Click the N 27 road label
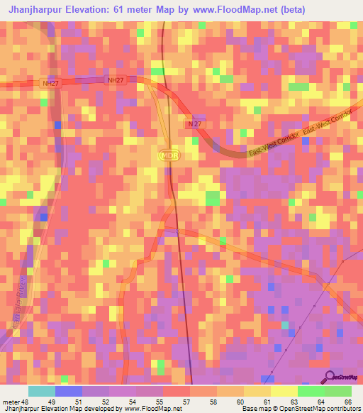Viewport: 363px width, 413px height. (196, 123)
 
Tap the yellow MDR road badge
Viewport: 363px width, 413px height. (167, 154)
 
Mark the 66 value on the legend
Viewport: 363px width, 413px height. (347, 402)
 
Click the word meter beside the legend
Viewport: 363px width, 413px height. (11, 402)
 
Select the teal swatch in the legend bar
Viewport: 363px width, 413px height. (42, 391)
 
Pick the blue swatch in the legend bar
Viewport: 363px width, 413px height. (69, 391)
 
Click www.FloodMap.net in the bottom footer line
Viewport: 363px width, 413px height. (150, 409)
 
